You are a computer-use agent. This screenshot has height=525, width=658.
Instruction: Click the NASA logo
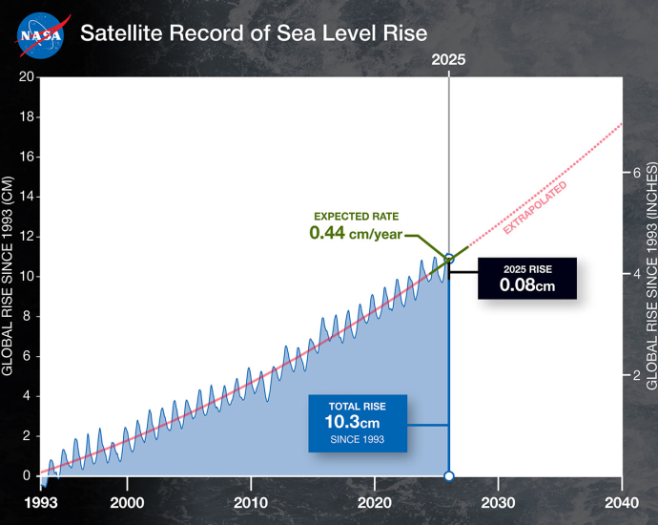pos(40,33)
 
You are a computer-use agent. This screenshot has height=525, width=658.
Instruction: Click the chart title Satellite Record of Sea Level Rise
pos(253,33)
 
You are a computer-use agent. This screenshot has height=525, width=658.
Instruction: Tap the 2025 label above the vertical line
pos(448,59)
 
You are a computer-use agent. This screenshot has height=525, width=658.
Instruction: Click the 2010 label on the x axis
pos(251,502)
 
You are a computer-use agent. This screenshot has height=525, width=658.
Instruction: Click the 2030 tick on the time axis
pos(498,502)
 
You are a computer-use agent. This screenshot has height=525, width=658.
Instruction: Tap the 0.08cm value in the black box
pos(527,283)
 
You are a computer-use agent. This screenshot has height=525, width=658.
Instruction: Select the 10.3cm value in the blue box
pos(357,421)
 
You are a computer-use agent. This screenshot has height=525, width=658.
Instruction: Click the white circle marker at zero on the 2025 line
pos(449,475)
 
